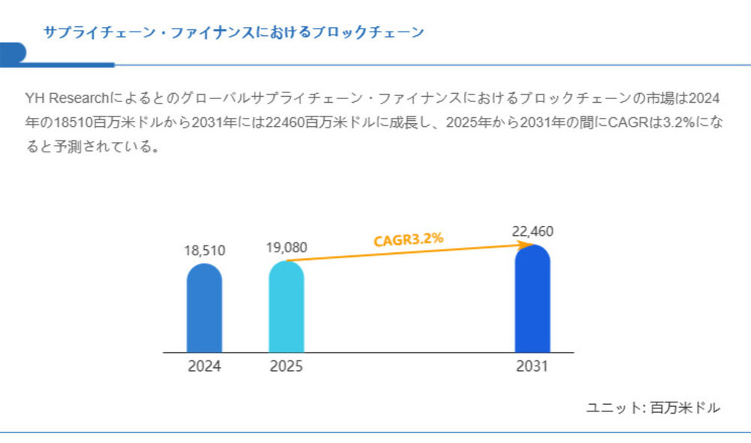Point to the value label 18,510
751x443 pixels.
(204, 250)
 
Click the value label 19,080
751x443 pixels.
(286, 247)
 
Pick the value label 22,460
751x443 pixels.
(532, 231)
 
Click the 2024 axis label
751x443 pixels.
(204, 367)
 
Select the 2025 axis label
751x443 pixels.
(286, 367)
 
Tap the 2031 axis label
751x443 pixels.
(532, 367)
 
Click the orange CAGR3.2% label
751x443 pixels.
(409, 240)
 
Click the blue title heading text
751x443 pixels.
(234, 32)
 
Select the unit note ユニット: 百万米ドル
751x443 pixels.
(653, 408)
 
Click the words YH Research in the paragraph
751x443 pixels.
(67, 98)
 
